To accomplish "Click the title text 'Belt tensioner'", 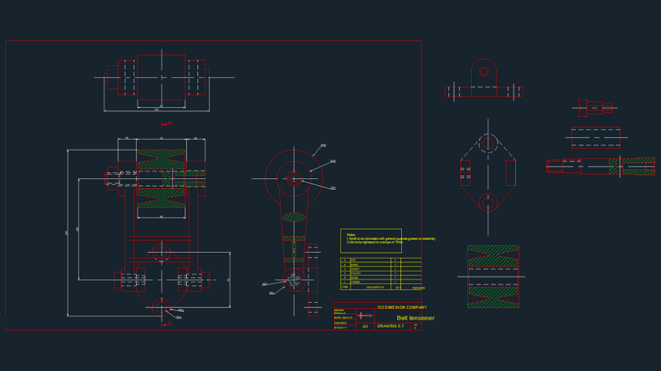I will [416, 318].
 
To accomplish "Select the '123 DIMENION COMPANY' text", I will [402, 307].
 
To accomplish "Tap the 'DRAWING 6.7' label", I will [391, 326].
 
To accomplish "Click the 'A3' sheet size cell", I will [365, 326].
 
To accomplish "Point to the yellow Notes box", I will [371, 240].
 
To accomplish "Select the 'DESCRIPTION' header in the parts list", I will [375, 288].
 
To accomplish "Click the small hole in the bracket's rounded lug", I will [483, 73].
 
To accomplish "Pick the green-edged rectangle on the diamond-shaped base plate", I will [511, 172].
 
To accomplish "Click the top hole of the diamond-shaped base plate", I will [488, 143].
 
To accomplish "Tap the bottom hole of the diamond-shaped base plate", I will [488, 201].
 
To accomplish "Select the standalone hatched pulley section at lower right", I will [493, 276].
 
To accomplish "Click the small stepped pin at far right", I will [595, 108].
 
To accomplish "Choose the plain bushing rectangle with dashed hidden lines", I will [596, 137].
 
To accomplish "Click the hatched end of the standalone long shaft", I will [632, 166].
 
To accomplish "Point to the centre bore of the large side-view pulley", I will [294, 179].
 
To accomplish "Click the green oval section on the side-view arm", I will [294, 217].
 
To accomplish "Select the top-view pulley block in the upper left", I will [161, 77].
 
